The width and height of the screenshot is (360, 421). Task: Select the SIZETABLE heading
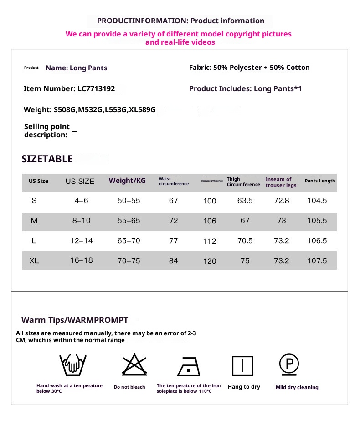47,159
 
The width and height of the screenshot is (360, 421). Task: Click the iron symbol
189,366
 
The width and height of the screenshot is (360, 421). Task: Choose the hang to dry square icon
242,366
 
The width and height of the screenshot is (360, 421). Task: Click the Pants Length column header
320,181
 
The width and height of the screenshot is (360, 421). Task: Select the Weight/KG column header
127,181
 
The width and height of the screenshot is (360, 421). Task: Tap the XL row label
34,261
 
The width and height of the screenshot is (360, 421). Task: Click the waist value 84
174,261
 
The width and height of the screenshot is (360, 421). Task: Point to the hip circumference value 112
210,241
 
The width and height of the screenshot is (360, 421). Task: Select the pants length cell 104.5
317,201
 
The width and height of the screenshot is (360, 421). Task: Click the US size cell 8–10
82,221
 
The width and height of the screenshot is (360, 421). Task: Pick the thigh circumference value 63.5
245,201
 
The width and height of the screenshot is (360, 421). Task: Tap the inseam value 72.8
282,201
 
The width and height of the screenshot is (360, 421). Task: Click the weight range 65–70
129,241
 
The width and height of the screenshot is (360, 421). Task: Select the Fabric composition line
249,68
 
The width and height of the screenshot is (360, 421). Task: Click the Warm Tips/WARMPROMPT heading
75,320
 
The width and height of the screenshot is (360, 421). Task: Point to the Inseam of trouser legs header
281,182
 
